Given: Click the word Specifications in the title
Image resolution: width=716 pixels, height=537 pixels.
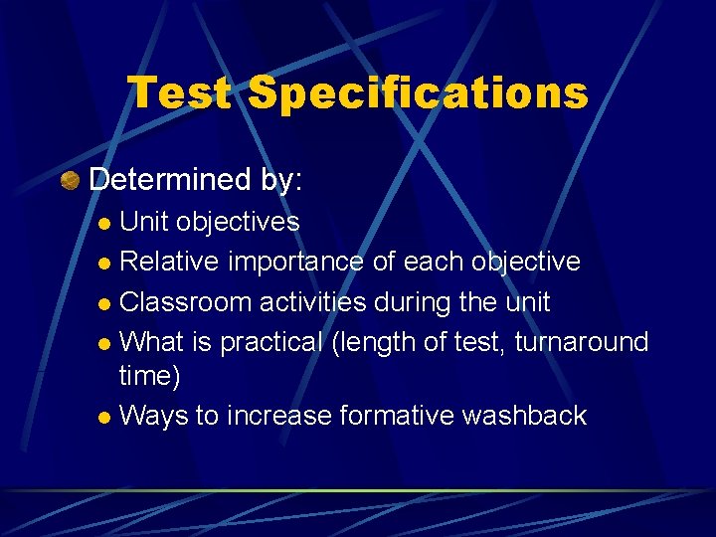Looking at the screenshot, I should point(418,93).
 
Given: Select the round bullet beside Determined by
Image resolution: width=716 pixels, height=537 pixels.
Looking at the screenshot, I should point(69,181).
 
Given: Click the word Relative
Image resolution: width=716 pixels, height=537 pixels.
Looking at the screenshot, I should point(170,262).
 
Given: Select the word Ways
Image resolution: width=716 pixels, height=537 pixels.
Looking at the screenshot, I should point(153,415).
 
